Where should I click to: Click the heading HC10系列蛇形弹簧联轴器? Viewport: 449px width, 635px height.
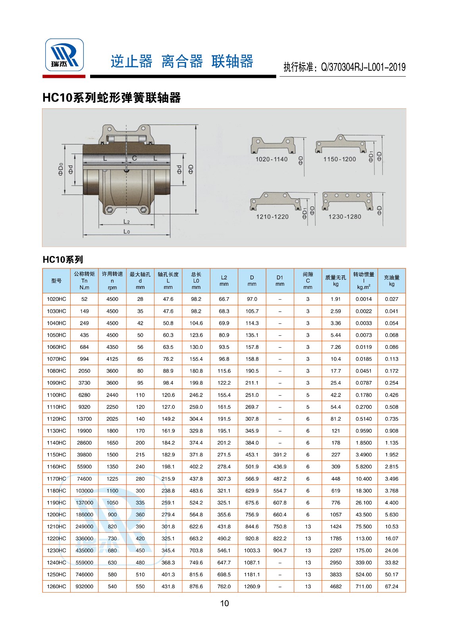112,98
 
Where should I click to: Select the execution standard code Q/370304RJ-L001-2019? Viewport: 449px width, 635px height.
363,67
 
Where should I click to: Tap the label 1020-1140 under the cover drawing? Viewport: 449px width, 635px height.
271,159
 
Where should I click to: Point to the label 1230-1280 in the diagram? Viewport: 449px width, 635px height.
345,217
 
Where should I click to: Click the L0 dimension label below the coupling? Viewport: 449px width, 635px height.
127,231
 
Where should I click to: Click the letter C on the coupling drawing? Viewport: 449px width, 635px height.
134,158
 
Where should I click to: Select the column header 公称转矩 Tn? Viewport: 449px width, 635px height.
84,281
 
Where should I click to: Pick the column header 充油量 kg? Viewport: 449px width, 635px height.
391,281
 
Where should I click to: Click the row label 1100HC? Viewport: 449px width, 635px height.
56,395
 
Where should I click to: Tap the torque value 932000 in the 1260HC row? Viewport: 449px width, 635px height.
84,586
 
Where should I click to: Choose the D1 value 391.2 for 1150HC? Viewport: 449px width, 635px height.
279,454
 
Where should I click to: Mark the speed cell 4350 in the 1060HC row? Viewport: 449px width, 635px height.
112,347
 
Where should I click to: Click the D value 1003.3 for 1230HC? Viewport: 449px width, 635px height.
252,550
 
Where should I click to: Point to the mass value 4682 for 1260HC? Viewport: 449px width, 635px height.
335,586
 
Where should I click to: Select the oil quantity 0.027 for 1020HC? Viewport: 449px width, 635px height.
391,299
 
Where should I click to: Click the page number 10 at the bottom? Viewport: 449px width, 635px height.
224,603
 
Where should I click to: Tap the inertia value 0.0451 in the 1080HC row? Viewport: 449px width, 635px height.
363,371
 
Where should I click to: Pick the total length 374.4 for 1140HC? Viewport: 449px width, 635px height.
196,443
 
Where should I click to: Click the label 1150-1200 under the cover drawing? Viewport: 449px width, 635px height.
339,159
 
